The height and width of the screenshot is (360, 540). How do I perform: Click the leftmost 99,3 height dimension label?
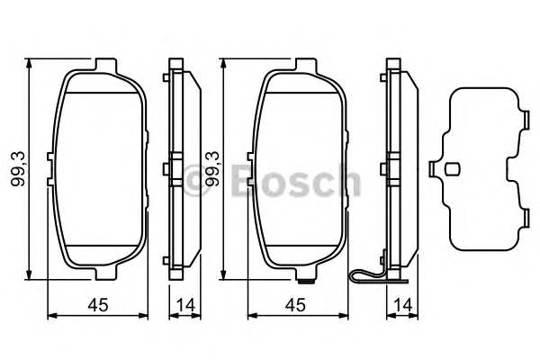tap(18, 169)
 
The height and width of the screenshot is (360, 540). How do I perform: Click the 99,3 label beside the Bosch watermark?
tap(212, 169)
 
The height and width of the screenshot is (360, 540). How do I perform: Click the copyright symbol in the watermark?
tap(195, 180)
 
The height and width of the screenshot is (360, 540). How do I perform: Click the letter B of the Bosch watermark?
tap(244, 179)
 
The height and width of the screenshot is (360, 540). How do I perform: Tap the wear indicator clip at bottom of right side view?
tap(377, 274)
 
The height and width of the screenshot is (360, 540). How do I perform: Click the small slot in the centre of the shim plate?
tap(452, 169)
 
